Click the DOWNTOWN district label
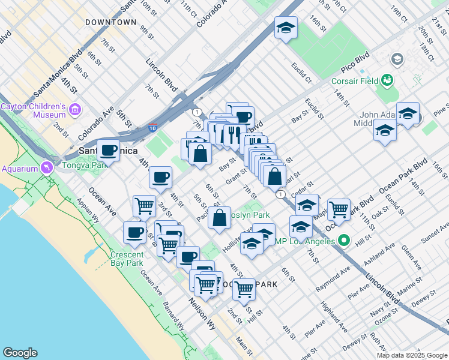click(x=111, y=22)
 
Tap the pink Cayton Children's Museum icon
click(x=75, y=110)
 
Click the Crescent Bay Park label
click(x=127, y=259)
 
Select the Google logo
click(x=20, y=353)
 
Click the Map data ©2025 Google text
click(x=411, y=355)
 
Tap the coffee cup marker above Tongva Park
click(x=109, y=150)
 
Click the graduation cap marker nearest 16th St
click(x=286, y=27)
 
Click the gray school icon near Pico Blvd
click(x=397, y=59)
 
